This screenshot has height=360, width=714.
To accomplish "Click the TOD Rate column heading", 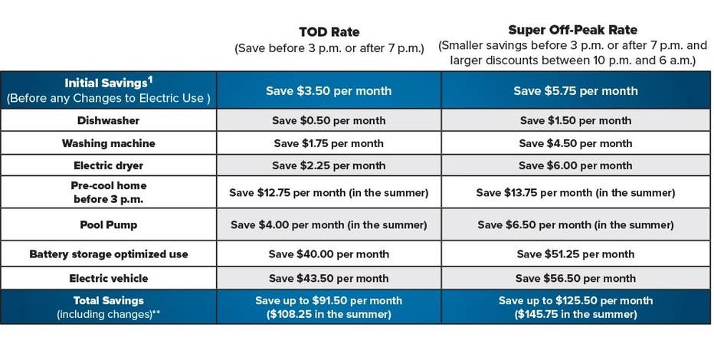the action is [x=329, y=32].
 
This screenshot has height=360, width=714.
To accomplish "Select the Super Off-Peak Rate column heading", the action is [x=573, y=30].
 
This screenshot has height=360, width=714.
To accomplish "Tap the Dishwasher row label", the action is [x=108, y=120].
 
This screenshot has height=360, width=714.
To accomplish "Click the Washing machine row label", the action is [x=108, y=143].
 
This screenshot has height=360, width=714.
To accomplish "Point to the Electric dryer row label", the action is [x=108, y=165].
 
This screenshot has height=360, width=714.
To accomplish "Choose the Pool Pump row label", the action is [x=108, y=225].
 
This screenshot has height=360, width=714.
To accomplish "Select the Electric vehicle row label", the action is [x=108, y=279].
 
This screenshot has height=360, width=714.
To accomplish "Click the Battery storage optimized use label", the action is [x=108, y=254].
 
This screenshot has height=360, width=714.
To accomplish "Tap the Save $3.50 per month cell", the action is [x=329, y=90].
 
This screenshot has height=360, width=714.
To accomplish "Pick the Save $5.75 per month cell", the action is [x=575, y=90].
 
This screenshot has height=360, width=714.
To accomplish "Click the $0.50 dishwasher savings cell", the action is [x=329, y=120].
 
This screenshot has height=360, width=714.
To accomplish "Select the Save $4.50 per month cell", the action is [x=575, y=143].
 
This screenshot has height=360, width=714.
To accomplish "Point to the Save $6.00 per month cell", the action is [x=575, y=165].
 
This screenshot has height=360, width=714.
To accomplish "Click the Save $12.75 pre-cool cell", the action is [x=329, y=192].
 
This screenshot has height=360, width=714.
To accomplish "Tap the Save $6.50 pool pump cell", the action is [x=575, y=225].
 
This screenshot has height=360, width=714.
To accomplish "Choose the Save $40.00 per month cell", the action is [x=329, y=254].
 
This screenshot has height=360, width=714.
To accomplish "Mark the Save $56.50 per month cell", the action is [x=575, y=279].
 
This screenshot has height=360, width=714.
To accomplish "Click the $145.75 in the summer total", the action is [x=575, y=314].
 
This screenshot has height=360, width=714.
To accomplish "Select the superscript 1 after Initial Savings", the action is [x=150, y=80].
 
